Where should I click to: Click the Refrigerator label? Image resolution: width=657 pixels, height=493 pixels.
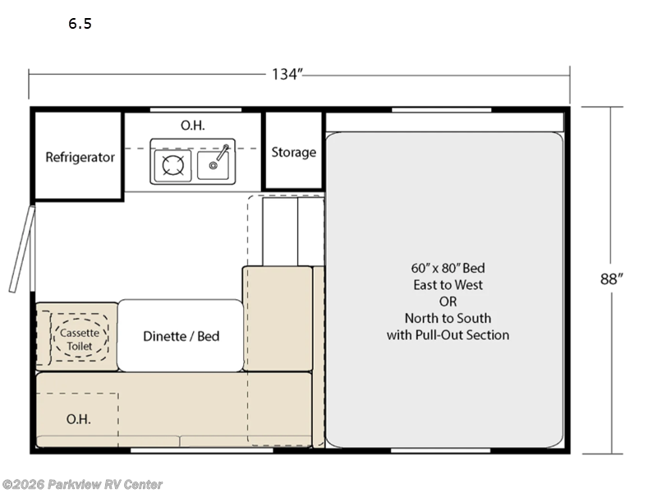click(80, 157)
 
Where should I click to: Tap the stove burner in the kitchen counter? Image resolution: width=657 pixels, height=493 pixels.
click(172, 165)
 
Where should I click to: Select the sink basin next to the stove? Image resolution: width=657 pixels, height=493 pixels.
click(213, 165)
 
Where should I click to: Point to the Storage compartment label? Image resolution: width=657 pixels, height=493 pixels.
click(294, 152)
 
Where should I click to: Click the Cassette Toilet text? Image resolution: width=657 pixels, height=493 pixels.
click(80, 339)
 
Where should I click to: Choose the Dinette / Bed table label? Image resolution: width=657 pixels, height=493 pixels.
click(181, 336)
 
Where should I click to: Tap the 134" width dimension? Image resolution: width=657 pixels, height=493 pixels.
click(287, 74)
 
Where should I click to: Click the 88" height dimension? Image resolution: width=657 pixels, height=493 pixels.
click(611, 279)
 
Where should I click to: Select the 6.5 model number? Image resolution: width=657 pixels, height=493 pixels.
click(80, 24)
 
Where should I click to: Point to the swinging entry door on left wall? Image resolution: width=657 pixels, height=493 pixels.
click(22, 249)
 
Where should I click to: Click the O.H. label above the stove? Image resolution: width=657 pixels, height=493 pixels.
click(193, 125)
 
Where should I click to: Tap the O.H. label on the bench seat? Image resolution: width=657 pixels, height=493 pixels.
click(78, 419)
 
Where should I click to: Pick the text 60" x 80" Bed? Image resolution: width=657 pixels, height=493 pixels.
click(448, 268)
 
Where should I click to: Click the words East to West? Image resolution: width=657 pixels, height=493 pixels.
click(448, 284)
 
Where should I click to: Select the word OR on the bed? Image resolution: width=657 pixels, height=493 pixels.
click(448, 302)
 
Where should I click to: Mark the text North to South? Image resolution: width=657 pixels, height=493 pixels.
click(448, 318)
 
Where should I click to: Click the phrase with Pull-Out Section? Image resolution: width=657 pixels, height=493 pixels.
click(448, 335)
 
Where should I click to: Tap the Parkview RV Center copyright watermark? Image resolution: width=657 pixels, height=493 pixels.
click(81, 484)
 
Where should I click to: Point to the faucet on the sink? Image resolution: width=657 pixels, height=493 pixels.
click(221, 154)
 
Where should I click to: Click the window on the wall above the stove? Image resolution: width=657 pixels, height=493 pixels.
click(195, 110)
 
